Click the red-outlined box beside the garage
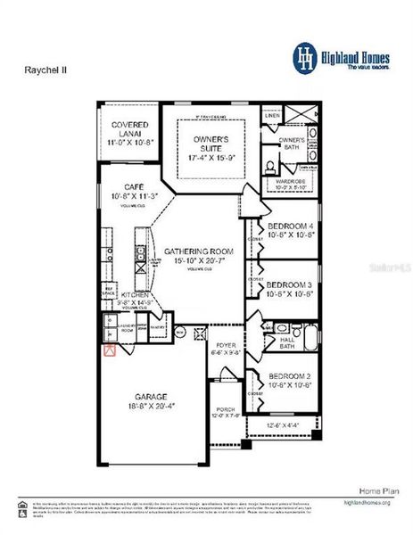[x=110, y=350]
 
